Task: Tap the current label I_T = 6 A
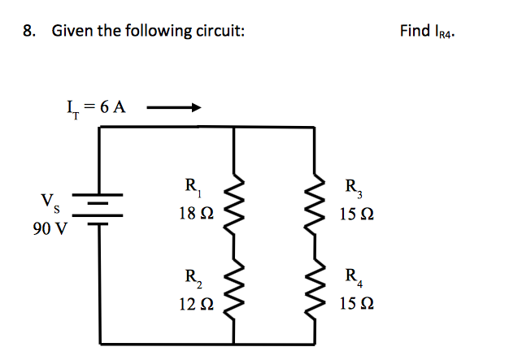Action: pyautogui.click(x=95, y=106)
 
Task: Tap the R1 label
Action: pyautogui.click(x=193, y=187)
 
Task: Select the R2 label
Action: pyautogui.click(x=193, y=275)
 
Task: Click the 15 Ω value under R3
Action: pyautogui.click(x=358, y=217)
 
